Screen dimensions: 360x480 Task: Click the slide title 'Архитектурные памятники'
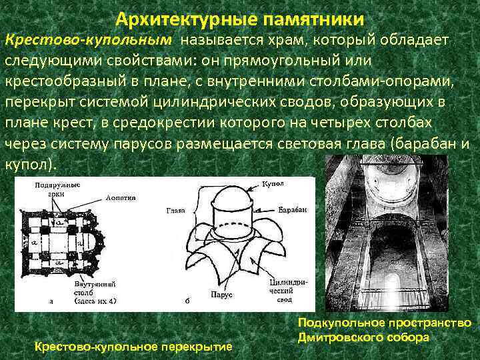[x=239, y=18]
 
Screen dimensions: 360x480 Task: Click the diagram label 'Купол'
[x=273, y=183]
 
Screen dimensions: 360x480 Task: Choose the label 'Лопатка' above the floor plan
[x=120, y=197]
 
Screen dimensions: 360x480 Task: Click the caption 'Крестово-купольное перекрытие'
[x=133, y=347]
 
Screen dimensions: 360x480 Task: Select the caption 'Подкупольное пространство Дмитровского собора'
[x=385, y=330]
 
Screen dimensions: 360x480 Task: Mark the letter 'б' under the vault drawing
[x=188, y=301]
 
